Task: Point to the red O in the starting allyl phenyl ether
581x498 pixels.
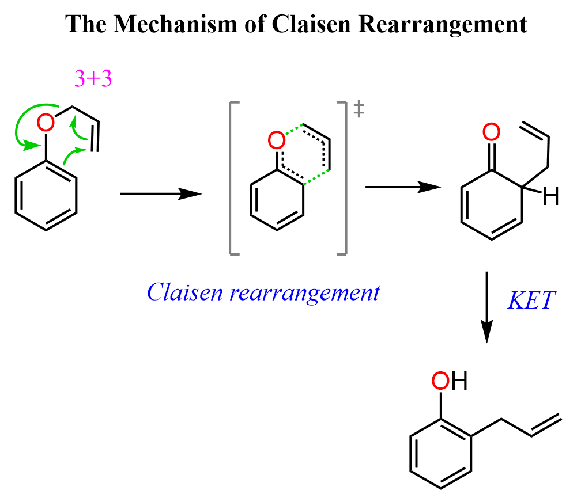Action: pos(46,122)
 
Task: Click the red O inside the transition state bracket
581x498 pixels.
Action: pos(276,140)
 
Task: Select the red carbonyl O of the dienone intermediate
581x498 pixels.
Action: pos(491,133)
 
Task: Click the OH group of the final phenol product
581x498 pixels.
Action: pos(449,381)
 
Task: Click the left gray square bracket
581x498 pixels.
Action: pos(233,177)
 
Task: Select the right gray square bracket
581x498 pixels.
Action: pos(344,177)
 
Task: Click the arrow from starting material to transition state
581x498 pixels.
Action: pos(160,195)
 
